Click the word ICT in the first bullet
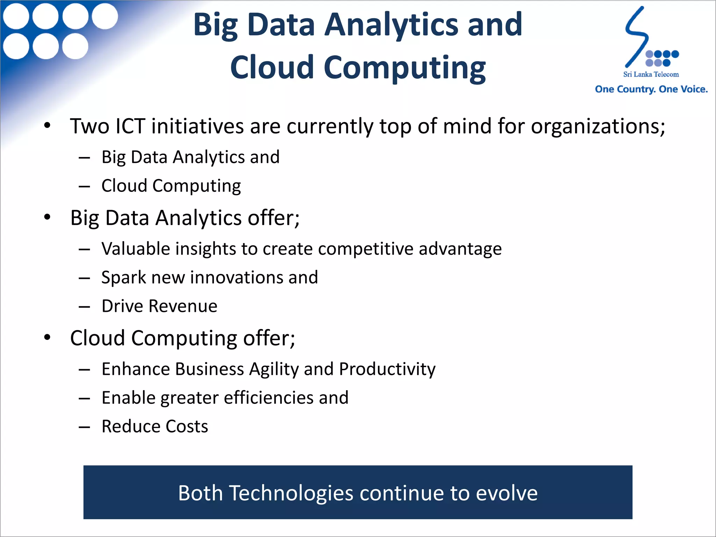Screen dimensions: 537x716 [130, 126]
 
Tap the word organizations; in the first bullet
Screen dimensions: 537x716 [598, 126]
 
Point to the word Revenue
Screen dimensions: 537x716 [183, 306]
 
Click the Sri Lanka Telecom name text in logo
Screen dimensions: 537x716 [651, 74]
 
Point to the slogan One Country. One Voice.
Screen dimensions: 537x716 [651, 89]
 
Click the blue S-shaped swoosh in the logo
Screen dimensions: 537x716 [636, 37]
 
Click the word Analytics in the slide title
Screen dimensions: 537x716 [391, 24]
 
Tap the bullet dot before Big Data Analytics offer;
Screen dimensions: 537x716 [48, 217]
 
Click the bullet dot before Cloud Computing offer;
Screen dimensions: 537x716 [48, 337]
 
